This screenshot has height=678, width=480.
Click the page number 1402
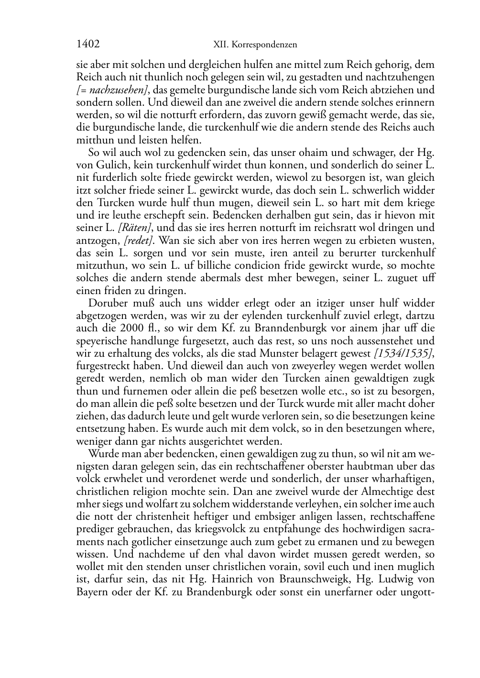pyautogui.click(x=88, y=44)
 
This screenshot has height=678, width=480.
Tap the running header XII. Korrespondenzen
pyautogui.click(x=255, y=45)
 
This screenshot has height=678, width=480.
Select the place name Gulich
pyautogui.click(x=109, y=165)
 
